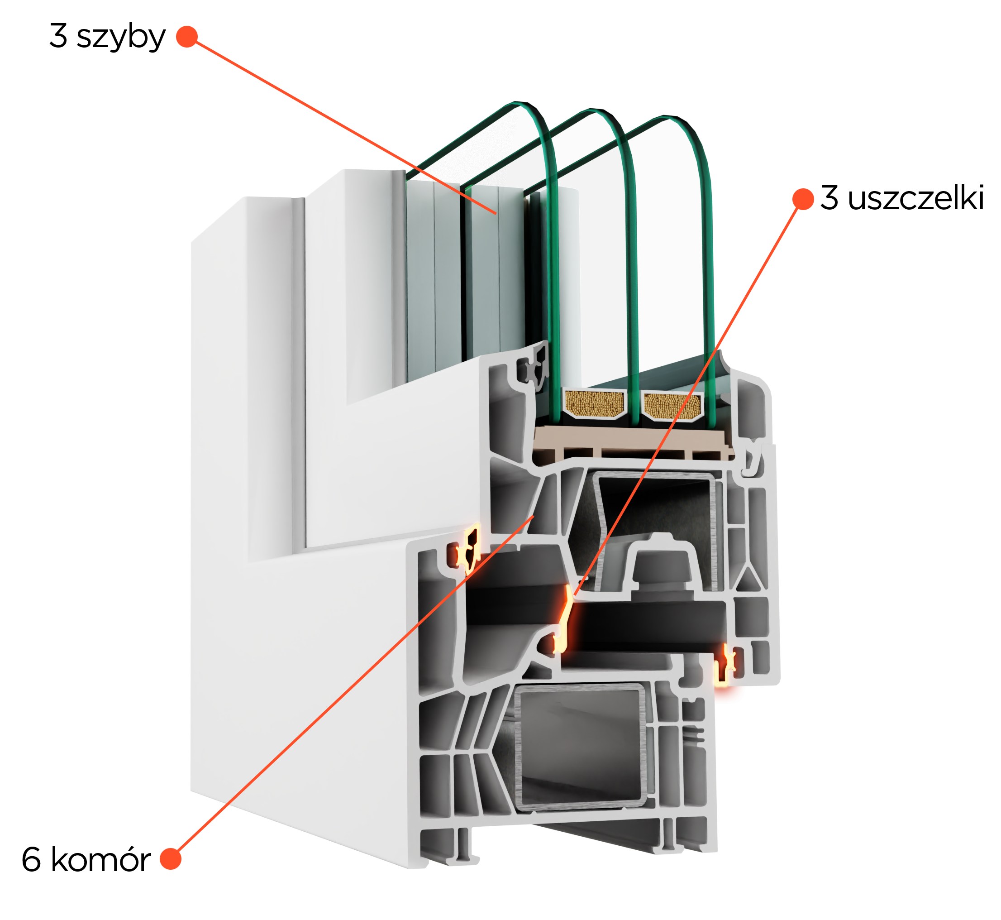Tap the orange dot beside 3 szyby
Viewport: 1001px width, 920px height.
point(187,36)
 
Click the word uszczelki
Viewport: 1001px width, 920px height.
point(916,198)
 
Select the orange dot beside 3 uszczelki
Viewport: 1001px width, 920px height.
point(803,199)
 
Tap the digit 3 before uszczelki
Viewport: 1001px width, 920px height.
point(829,198)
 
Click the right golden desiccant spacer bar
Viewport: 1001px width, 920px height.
point(672,406)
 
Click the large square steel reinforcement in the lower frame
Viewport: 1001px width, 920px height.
point(580,746)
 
